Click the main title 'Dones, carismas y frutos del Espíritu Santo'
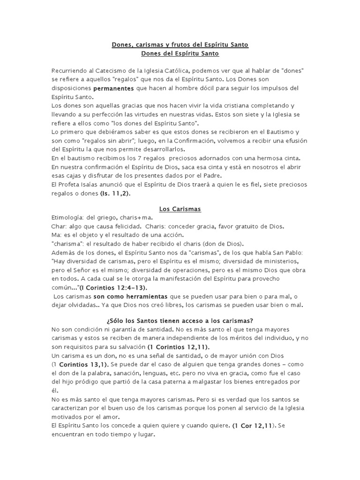click(180, 45)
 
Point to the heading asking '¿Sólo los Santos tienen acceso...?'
click(180, 321)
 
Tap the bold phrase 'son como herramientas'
click(125, 297)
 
